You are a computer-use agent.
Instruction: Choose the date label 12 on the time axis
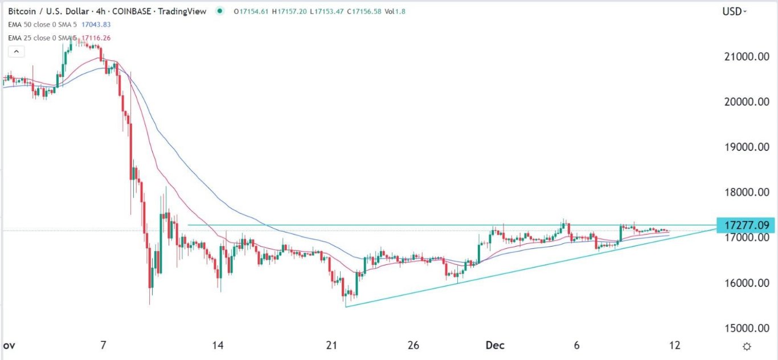coord(675,346)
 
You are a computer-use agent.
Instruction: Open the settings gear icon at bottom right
coord(747,346)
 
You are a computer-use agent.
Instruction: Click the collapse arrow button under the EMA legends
coord(16,52)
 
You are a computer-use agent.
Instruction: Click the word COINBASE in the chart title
coord(135,11)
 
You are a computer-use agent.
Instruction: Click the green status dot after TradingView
coord(220,11)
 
